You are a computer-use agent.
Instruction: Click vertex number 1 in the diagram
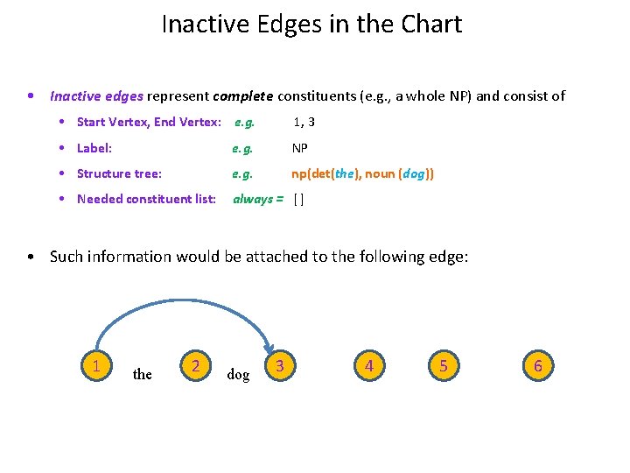click(x=95, y=365)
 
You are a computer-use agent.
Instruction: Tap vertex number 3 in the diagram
click(x=279, y=365)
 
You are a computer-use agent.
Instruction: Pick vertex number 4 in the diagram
click(x=369, y=365)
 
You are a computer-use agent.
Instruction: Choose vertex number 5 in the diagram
click(x=444, y=365)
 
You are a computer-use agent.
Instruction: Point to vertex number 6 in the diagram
click(x=538, y=365)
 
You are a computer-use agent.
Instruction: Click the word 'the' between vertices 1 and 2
click(x=142, y=375)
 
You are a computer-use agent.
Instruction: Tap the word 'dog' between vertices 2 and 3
click(x=238, y=375)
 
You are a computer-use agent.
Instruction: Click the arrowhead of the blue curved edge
click(x=270, y=349)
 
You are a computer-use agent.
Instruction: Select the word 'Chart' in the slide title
click(x=429, y=25)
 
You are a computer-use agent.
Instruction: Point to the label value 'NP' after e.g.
click(x=300, y=148)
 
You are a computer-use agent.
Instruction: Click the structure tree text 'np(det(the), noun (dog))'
click(x=362, y=173)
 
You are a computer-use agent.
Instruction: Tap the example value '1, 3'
click(x=304, y=122)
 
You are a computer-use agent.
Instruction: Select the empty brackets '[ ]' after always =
click(x=299, y=199)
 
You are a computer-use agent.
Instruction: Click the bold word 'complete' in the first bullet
click(x=242, y=96)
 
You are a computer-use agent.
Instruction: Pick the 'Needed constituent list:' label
click(x=146, y=199)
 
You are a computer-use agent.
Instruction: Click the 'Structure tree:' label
click(x=119, y=173)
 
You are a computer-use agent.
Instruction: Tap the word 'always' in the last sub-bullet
click(x=252, y=199)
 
